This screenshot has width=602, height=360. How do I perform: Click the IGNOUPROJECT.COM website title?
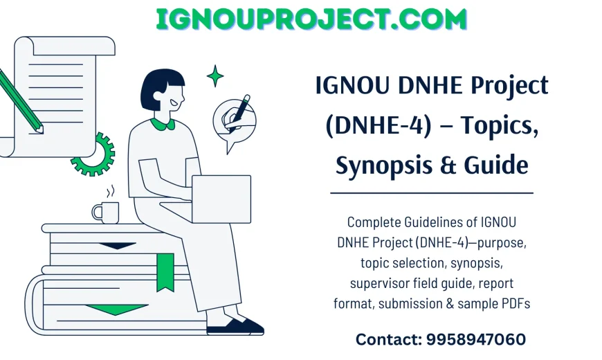pyautogui.click(x=311, y=19)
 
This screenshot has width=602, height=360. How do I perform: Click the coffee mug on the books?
pyautogui.click(x=106, y=211)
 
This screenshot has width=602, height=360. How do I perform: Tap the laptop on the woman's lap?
pyautogui.click(x=221, y=199)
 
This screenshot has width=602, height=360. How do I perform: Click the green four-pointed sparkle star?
pyautogui.click(x=215, y=75)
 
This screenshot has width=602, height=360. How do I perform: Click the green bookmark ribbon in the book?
pyautogui.click(x=165, y=271)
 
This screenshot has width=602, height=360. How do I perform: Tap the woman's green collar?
pyautogui.click(x=163, y=124)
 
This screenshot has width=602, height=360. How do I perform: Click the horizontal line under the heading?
pyautogui.click(x=432, y=193)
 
